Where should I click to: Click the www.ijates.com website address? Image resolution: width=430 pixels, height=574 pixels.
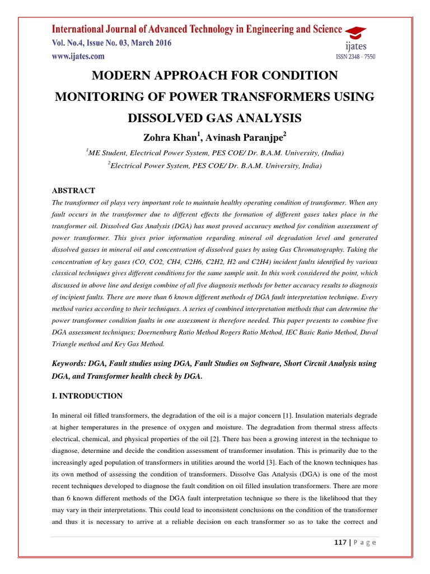tap(78, 56)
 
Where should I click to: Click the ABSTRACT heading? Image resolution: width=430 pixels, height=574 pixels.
tap(73, 191)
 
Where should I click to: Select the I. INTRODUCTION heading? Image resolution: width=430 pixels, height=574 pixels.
tap(87, 396)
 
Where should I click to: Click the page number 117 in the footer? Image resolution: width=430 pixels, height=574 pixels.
tap(338, 542)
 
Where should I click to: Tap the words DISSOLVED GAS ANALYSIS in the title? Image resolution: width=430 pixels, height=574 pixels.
tap(216, 118)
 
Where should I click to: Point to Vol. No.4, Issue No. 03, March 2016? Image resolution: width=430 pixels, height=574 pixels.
tap(112, 43)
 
